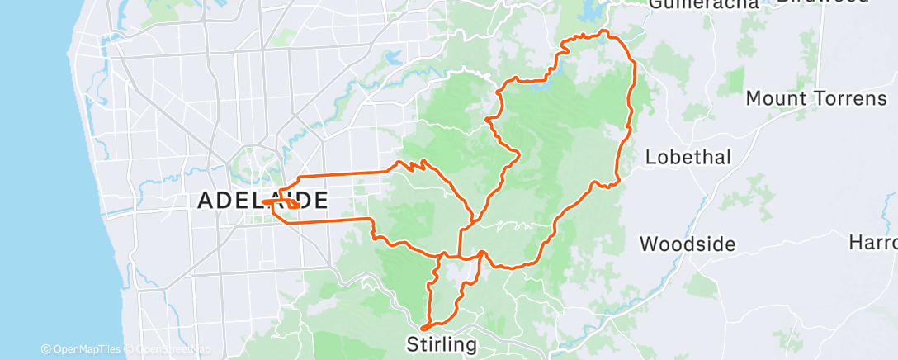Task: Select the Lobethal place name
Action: [x=688, y=157]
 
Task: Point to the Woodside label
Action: [x=688, y=244]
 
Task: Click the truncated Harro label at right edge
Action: [x=874, y=243]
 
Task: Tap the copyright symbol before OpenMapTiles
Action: [x=45, y=349]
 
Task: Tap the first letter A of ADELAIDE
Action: [x=205, y=201]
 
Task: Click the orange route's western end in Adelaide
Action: [x=265, y=200]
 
